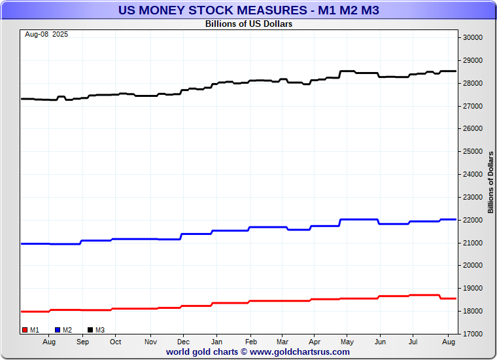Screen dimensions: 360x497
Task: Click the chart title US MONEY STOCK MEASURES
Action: (248, 10)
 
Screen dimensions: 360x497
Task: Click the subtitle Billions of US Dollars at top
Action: (248, 24)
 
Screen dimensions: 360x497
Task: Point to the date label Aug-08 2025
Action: (46, 34)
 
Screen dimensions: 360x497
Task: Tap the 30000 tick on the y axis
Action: (472, 37)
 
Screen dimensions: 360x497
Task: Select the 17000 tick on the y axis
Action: (472, 334)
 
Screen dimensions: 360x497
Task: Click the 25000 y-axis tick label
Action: (472, 151)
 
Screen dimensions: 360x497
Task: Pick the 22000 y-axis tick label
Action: (472, 220)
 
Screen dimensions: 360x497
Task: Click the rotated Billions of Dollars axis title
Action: (490, 182)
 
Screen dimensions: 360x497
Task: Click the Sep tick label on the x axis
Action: (83, 342)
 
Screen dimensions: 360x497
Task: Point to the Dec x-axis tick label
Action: (184, 342)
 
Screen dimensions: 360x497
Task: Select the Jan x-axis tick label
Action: (217, 342)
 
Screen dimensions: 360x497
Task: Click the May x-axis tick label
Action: (347, 342)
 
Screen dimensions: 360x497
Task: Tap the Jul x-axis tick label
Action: (413, 342)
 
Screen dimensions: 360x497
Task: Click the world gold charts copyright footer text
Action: (258, 351)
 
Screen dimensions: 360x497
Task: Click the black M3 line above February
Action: (251, 81)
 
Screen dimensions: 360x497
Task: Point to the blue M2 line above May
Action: (347, 219)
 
